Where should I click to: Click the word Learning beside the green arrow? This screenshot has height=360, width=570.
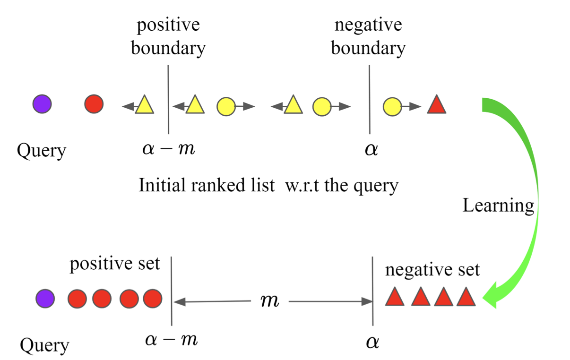pyautogui.click(x=498, y=206)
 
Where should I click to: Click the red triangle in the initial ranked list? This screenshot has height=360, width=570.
pyautogui.click(x=437, y=105)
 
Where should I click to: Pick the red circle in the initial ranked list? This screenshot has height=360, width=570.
pyautogui.click(x=94, y=104)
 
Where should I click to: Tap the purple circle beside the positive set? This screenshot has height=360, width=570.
pyautogui.click(x=45, y=299)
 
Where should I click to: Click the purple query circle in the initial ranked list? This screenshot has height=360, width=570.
pyautogui.click(x=42, y=104)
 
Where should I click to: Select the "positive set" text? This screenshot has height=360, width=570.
pyautogui.click(x=115, y=264)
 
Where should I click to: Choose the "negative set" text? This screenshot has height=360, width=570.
pyautogui.click(x=432, y=270)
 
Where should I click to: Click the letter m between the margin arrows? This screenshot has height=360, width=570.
pyautogui.click(x=270, y=301)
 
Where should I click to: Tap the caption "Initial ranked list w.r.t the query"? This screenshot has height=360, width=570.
pyautogui.click(x=268, y=185)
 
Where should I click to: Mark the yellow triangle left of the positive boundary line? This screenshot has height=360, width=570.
pyautogui.click(x=145, y=105)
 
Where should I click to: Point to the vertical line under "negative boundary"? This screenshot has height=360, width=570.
pyautogui.click(x=369, y=99)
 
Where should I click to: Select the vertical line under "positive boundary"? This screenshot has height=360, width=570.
pyautogui.click(x=168, y=99)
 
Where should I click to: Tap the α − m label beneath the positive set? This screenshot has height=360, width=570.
pyautogui.click(x=170, y=340)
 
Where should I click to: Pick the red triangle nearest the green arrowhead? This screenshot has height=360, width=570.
pyautogui.click(x=466, y=297)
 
